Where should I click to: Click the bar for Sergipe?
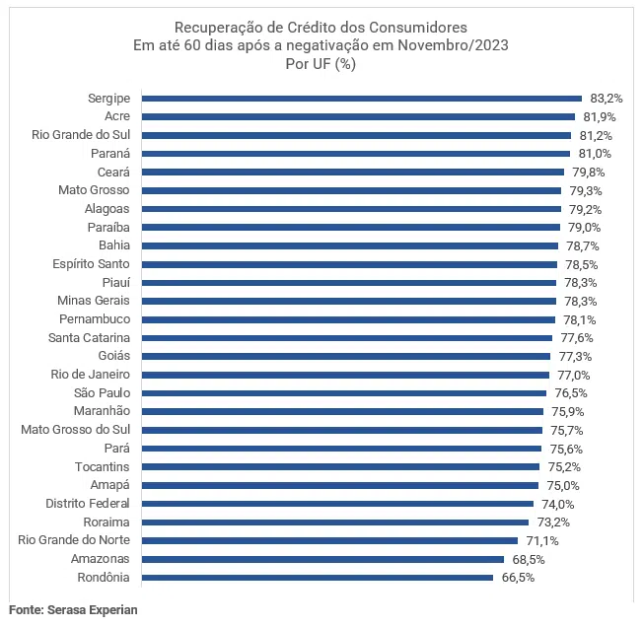tap(362, 99)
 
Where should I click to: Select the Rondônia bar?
tap(318, 578)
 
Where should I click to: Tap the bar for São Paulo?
tap(344, 393)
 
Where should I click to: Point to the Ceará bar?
tap(353, 172)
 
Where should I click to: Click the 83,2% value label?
tap(607, 99)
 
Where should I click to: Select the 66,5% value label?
tap(518, 578)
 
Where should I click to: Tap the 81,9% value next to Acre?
tap(599, 116)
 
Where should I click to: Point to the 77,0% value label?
tap(573, 375)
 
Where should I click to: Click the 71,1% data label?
tap(542, 540)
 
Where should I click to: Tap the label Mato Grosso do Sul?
tap(76, 430)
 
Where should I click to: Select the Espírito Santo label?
tap(91, 264)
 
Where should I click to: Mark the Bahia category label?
tap(114, 245)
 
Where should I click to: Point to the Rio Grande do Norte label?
tap(75, 540)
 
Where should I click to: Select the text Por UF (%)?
tap(320, 64)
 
